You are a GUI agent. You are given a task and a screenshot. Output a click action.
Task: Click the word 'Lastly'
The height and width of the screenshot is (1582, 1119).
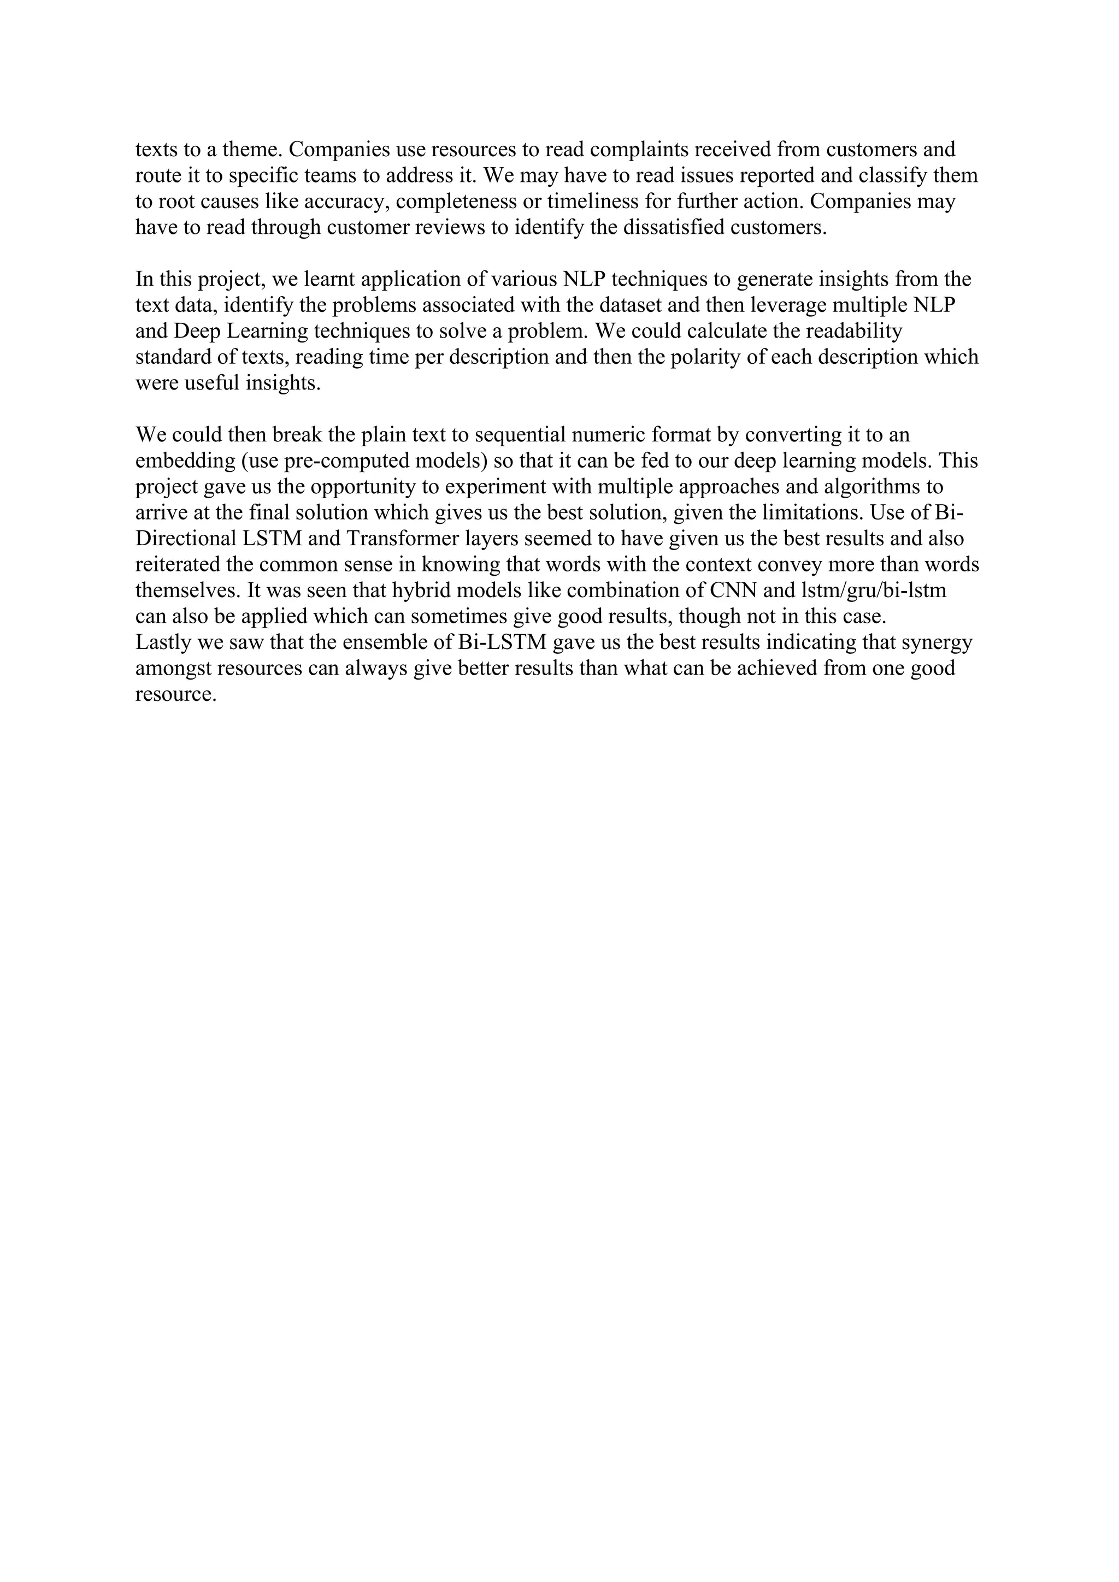(x=163, y=643)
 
